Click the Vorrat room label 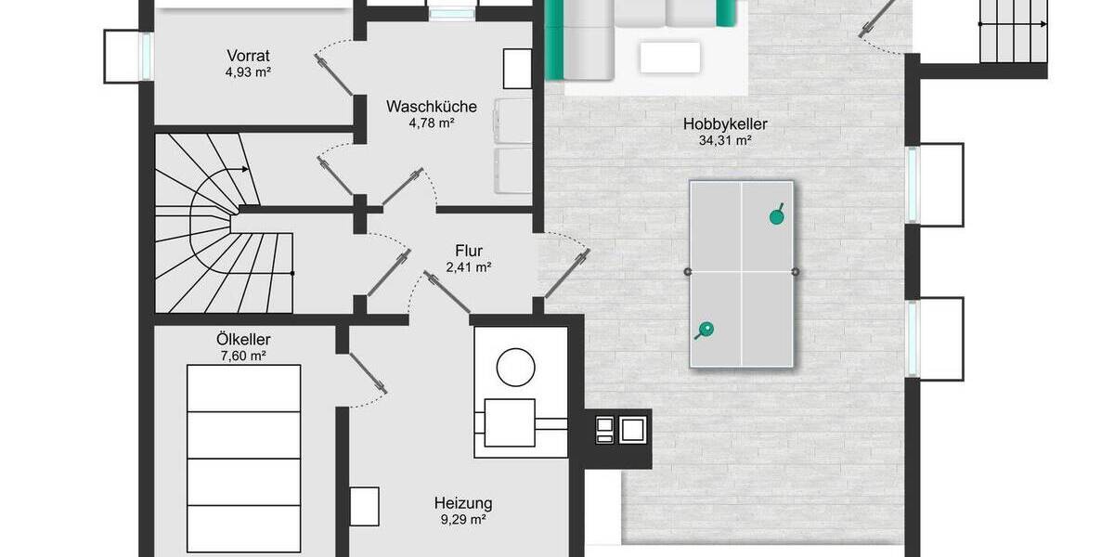click(248, 54)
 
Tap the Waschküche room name click(432, 107)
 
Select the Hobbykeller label click(725, 123)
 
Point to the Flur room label click(469, 250)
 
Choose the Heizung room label click(463, 503)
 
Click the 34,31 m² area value click(725, 141)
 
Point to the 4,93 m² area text click(248, 71)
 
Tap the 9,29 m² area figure click(463, 520)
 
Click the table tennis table click(741, 273)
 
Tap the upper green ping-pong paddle click(776, 216)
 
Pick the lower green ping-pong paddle click(706, 329)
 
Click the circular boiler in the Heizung click(514, 368)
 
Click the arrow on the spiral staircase click(244, 170)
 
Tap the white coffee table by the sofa click(669, 57)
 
